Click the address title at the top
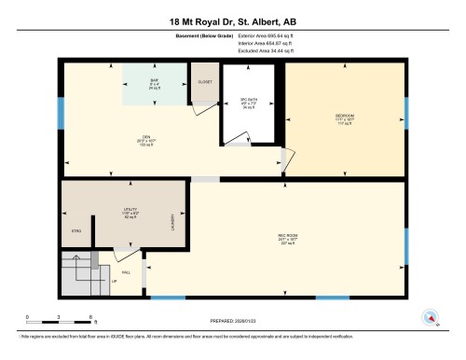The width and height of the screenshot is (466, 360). (x=232, y=21)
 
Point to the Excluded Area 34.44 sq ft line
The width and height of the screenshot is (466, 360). (x=259, y=52)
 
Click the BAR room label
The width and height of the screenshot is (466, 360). (x=155, y=83)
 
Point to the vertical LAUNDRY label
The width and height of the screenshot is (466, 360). (x=172, y=223)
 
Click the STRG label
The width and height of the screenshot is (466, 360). (x=76, y=230)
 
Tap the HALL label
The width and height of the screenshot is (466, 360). (x=125, y=265)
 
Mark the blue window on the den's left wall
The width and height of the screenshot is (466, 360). (x=62, y=113)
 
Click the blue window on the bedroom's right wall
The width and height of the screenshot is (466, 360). (x=406, y=116)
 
